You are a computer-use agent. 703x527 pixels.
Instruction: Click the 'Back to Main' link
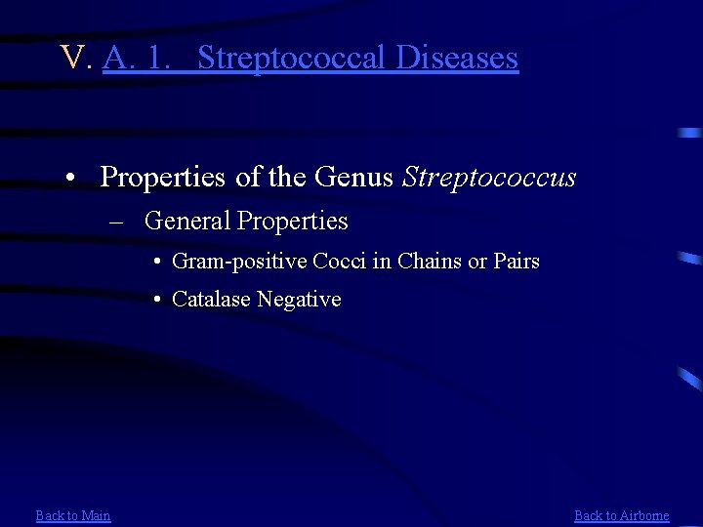(73, 515)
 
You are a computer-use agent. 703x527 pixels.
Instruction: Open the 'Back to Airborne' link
(621, 515)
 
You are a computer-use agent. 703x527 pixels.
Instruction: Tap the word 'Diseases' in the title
(457, 58)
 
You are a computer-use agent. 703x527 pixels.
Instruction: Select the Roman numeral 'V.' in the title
(75, 58)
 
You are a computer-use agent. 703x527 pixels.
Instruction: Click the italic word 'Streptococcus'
(489, 178)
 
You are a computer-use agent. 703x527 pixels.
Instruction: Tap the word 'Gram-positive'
(239, 262)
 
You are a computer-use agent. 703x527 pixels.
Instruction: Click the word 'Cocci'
(339, 262)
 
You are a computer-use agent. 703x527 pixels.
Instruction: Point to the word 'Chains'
(427, 262)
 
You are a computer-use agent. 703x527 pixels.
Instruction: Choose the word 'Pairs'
(517, 262)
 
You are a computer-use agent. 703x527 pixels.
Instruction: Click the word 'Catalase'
(211, 300)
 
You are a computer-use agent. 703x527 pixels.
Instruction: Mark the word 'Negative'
(299, 300)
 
